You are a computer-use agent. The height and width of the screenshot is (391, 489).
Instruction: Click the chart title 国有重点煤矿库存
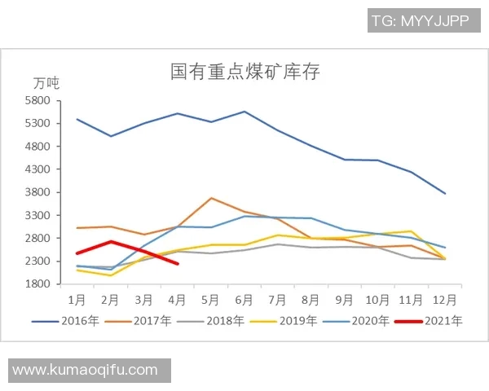point(244,72)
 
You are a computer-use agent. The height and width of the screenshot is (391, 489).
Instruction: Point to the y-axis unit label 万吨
point(46,83)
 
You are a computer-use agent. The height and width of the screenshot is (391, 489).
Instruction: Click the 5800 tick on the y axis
point(38,101)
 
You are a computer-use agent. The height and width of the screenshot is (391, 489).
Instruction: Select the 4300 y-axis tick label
point(38,169)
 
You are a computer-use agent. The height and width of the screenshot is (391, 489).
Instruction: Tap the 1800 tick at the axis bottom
point(38,284)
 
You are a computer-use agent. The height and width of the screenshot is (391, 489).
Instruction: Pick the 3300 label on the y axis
point(38,215)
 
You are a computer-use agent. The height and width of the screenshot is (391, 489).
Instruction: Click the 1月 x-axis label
point(77,299)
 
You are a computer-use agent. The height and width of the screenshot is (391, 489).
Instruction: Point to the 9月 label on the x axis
point(345,299)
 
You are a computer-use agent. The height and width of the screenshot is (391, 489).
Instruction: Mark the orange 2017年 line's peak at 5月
point(211,198)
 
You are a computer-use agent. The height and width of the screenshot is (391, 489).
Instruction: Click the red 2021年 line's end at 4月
point(178,263)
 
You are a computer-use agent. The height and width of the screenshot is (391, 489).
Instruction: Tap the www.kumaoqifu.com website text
point(86,370)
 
